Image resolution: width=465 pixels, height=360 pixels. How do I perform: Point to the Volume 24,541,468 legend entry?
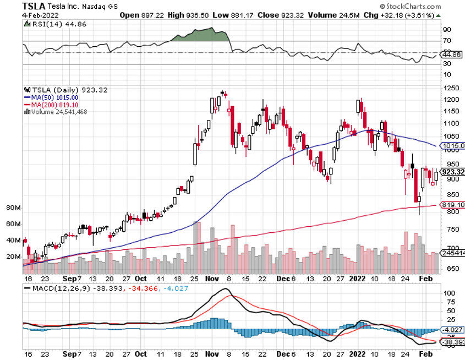[56, 111]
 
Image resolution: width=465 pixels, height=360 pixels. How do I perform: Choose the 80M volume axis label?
[14, 208]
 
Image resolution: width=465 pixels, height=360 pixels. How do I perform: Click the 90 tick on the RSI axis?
[447, 29]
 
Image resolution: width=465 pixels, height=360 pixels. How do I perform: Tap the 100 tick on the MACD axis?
[449, 293]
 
